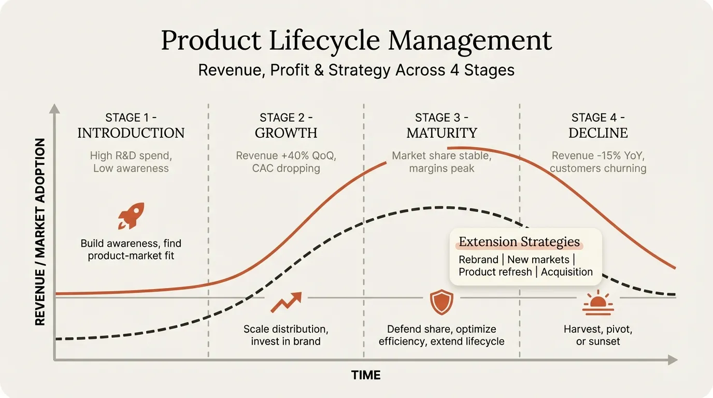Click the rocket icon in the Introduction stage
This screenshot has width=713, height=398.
point(131,216)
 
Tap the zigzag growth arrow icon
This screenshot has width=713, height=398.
point(286,302)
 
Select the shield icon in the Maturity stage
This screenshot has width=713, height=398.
point(441,302)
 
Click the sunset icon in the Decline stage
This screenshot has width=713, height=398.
point(598,304)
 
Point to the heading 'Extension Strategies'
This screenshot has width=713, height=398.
point(519,242)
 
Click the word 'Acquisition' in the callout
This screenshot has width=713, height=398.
point(567,272)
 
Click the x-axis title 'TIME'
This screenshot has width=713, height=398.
point(366,375)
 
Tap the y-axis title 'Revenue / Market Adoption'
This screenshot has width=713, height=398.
point(40,232)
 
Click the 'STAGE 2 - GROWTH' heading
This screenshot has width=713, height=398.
point(286,125)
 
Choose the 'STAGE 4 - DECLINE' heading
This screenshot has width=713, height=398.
point(598,125)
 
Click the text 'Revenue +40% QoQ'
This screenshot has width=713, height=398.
point(286,155)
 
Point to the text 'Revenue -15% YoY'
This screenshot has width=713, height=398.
point(598,155)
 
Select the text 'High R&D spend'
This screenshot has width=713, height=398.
point(131,155)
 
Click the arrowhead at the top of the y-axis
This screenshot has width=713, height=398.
point(54,108)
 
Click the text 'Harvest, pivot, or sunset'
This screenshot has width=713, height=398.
point(598,335)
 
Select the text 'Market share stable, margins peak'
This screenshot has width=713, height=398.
point(441,162)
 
